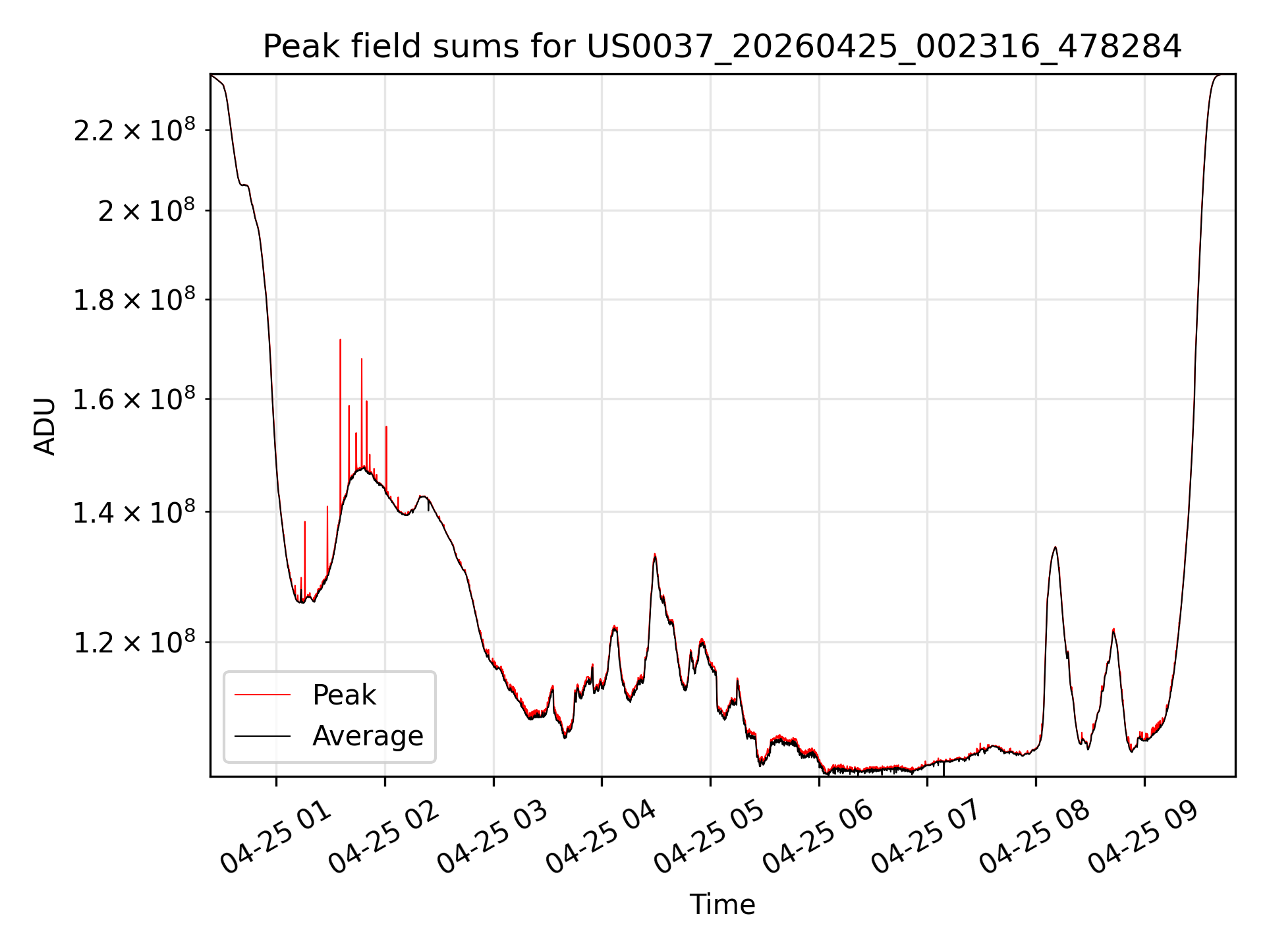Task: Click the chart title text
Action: (722, 47)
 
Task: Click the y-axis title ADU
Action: (45, 426)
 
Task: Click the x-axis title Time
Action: (722, 904)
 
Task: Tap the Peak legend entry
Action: (343, 695)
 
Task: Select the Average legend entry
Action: (368, 735)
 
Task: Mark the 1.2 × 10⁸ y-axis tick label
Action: (134, 641)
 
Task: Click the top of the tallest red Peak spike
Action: (340, 339)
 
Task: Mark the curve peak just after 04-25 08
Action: (1055, 547)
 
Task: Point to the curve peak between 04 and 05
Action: (654, 554)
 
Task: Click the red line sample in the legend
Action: (262, 695)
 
